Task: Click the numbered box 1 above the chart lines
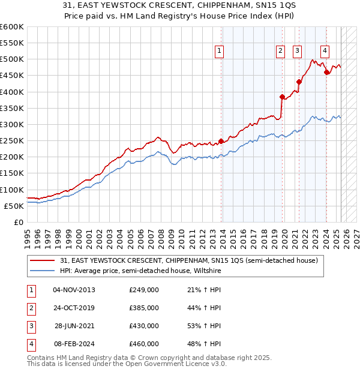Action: click(220, 52)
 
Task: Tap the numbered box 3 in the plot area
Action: click(297, 52)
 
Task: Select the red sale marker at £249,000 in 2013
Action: click(221, 141)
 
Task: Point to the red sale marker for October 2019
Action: click(282, 97)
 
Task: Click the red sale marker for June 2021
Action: click(299, 82)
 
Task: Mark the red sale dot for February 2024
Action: click(326, 72)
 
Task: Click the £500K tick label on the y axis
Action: click(11, 59)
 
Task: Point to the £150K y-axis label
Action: click(11, 173)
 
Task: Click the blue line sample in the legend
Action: click(43, 271)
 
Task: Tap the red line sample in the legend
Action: click(43, 260)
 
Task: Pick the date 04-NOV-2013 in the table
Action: click(74, 290)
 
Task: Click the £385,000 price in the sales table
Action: click(144, 308)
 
